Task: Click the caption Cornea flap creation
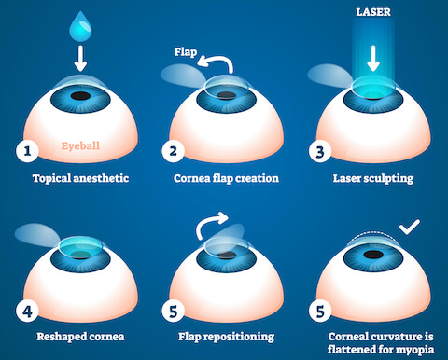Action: click(x=224, y=177)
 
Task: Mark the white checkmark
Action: click(x=409, y=227)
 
